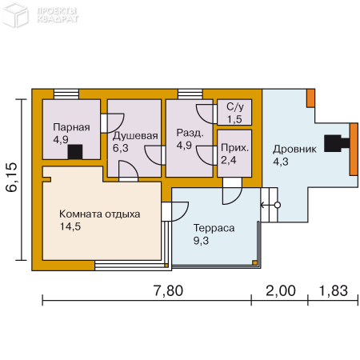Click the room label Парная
click(71, 127)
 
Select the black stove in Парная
click(75, 152)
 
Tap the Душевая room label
click(135, 136)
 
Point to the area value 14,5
click(70, 226)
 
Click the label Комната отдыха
click(99, 214)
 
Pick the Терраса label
click(214, 228)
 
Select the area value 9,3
click(201, 241)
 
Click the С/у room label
click(235, 106)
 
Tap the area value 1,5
click(234, 119)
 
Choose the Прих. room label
click(234, 148)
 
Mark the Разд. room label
click(190, 133)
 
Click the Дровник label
click(294, 149)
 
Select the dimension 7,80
click(168, 290)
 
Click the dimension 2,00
click(281, 290)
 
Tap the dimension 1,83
click(334, 290)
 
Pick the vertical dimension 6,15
click(12, 177)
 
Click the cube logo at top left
click(15, 14)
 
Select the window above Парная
click(66, 94)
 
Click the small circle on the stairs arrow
click(278, 205)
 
